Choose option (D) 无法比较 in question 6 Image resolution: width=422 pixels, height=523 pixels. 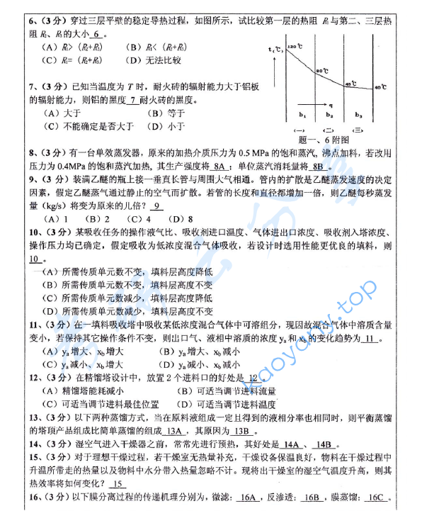pyautogui.click(x=155, y=60)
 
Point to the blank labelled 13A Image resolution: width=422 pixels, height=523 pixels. pyautogui.click(x=174, y=431)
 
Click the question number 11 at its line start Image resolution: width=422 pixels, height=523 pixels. pyautogui.click(x=34, y=324)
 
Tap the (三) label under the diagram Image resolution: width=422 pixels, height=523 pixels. pyautogui.click(x=358, y=130)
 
